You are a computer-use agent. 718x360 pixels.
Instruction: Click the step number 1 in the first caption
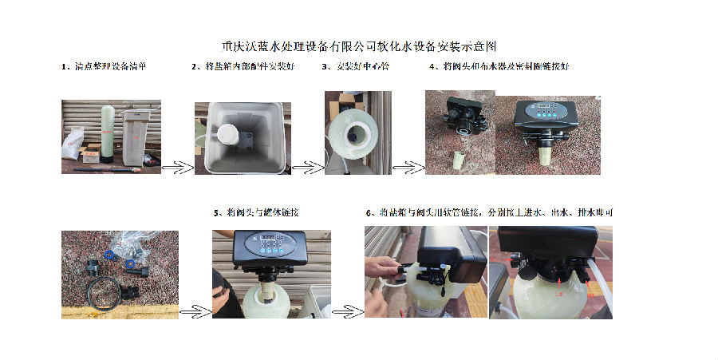[65, 67]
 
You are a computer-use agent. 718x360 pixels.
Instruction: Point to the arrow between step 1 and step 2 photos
[178, 168]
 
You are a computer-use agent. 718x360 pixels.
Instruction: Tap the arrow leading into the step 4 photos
[408, 168]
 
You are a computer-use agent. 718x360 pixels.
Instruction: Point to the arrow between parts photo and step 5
[194, 310]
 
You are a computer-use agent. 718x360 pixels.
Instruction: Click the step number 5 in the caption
[217, 212]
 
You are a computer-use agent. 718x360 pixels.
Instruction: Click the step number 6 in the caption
[369, 212]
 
